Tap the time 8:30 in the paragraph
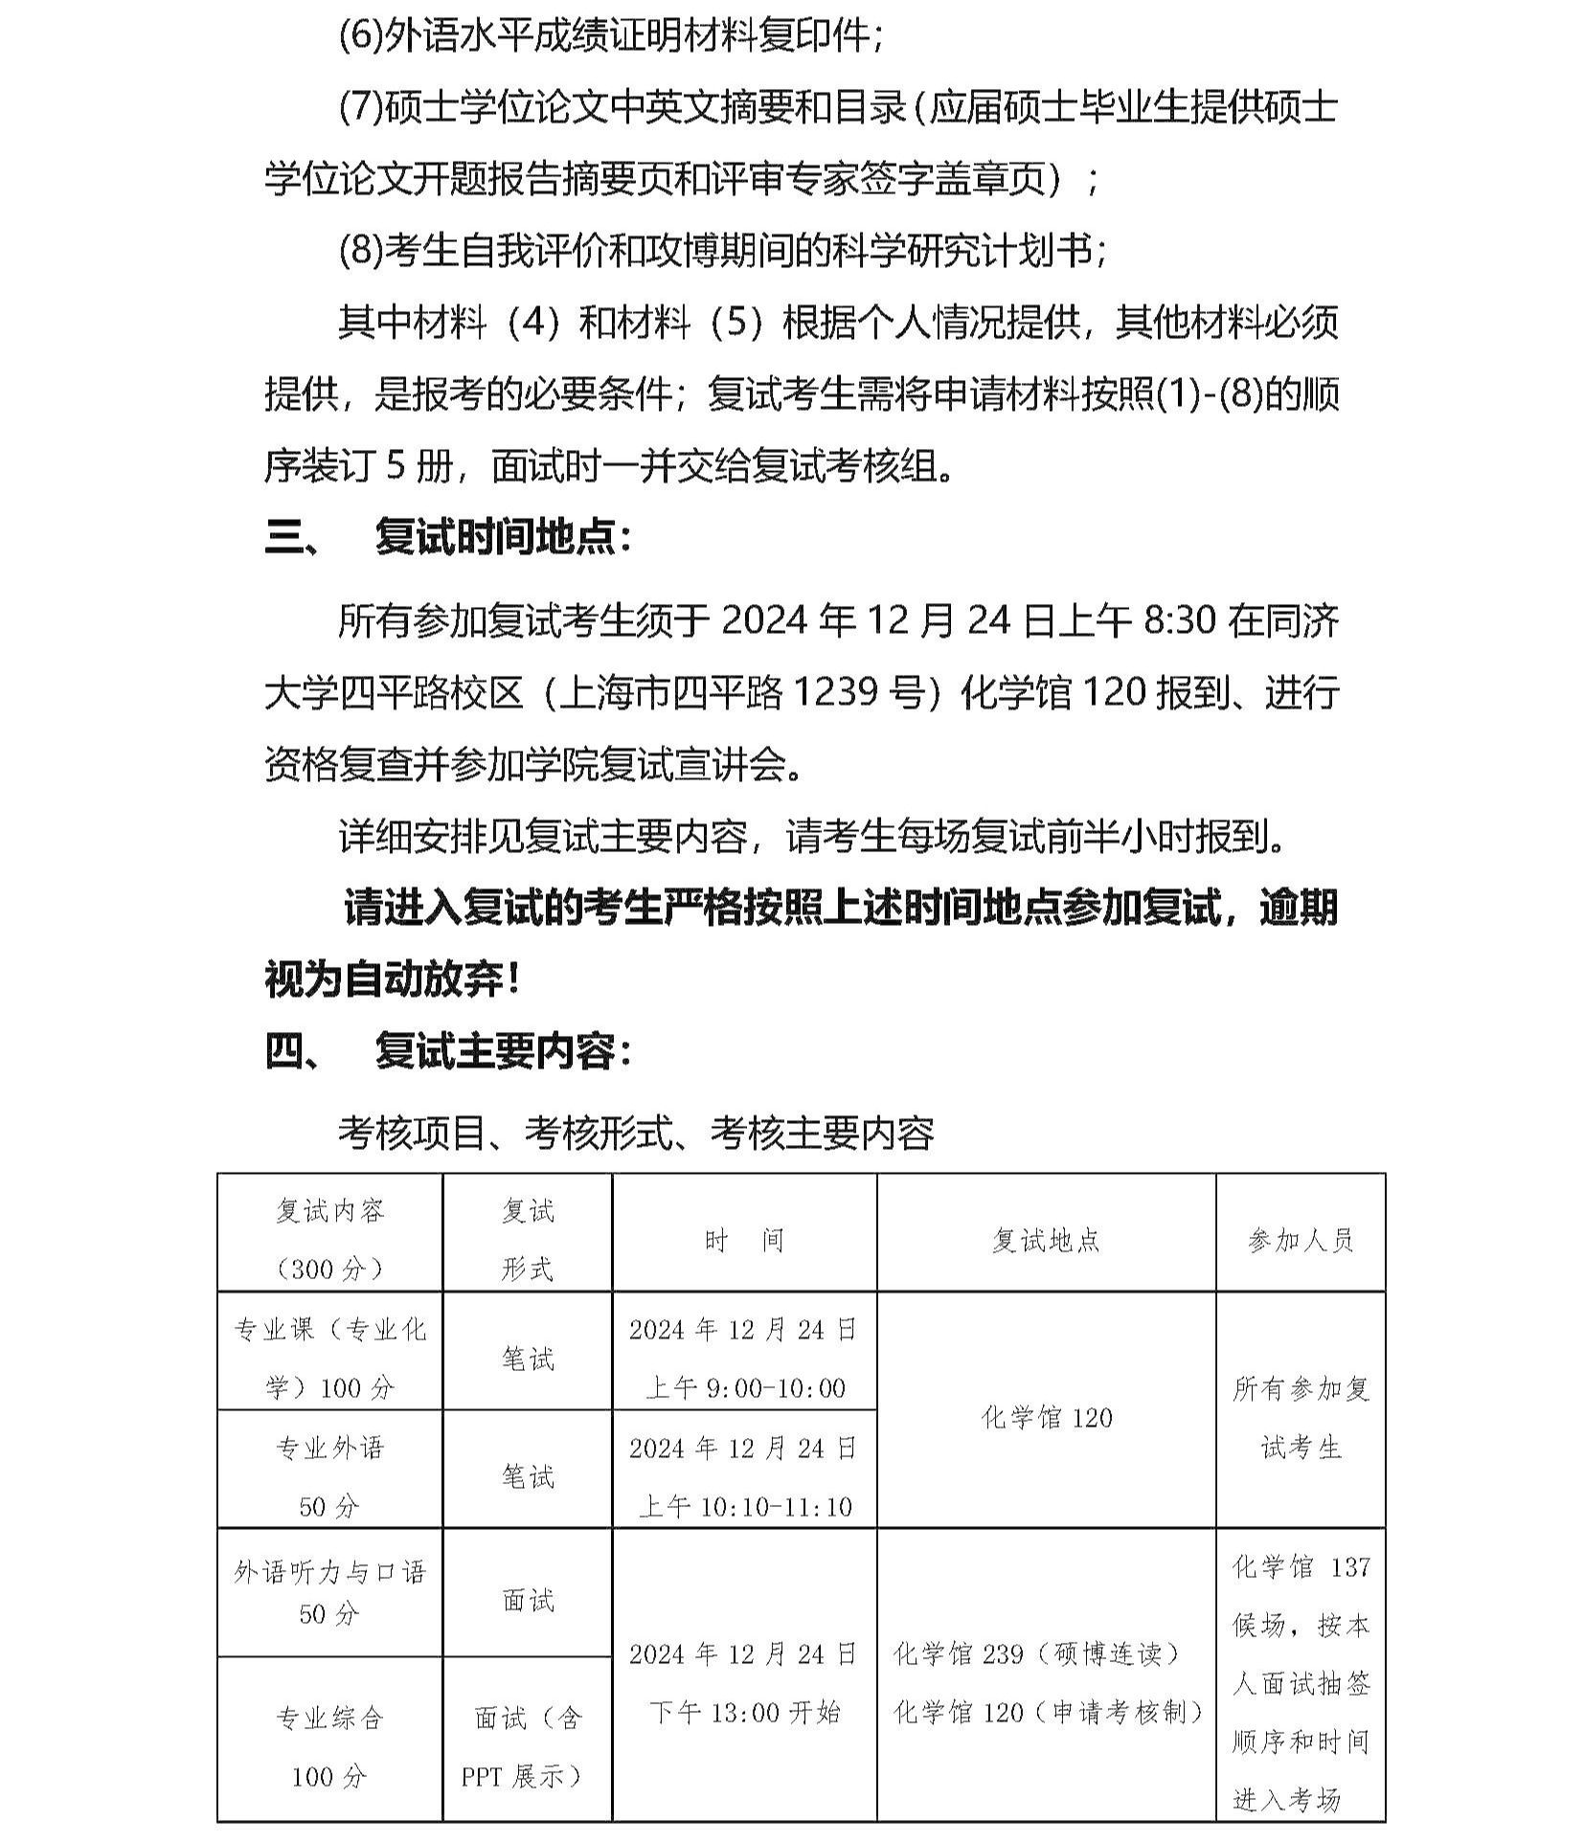pyautogui.click(x=1180, y=620)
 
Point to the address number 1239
pyautogui.click(x=840, y=691)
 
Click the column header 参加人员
pyautogui.click(x=1300, y=1241)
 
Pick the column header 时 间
pyautogui.click(x=744, y=1241)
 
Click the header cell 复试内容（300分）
pyautogui.click(x=329, y=1241)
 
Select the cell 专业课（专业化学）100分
pyautogui.click(x=329, y=1358)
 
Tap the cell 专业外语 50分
pyautogui.click(x=329, y=1476)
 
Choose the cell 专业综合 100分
pyautogui.click(x=329, y=1747)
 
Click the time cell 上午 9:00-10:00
pyautogui.click(x=744, y=1387)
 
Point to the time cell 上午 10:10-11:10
pyautogui.click(x=744, y=1506)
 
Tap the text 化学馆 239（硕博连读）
pyautogui.click(x=1037, y=1653)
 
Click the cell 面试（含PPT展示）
pyautogui.click(x=528, y=1747)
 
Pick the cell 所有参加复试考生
pyautogui.click(x=1300, y=1417)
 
